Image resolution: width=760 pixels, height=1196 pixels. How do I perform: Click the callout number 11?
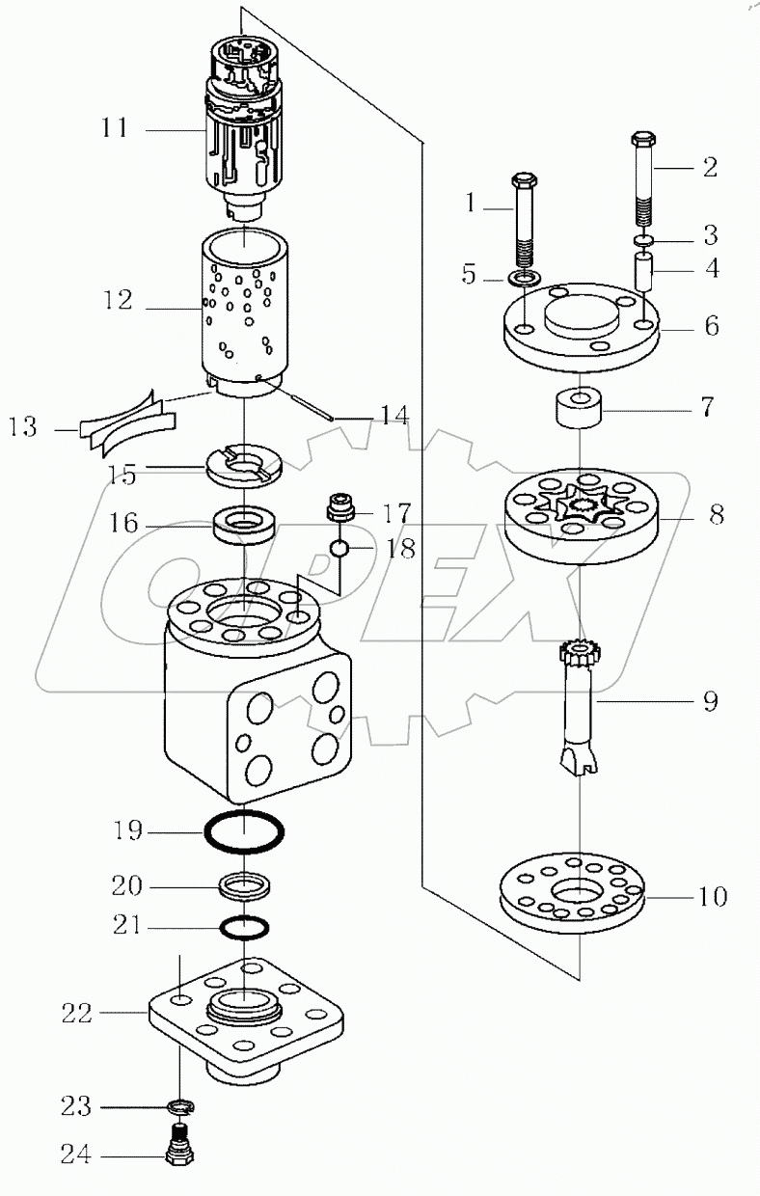tap(115, 128)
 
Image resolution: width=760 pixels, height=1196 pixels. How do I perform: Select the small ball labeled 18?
tap(339, 549)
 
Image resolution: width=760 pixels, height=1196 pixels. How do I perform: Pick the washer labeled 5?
tap(524, 280)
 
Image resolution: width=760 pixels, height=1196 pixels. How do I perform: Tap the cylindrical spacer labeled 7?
tap(579, 406)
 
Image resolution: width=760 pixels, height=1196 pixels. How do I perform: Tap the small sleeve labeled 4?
tap(644, 266)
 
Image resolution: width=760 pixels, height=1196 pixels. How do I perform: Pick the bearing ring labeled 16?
tap(245, 527)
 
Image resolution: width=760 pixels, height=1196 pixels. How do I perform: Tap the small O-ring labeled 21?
tap(245, 927)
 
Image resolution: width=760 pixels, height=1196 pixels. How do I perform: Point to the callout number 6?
tap(712, 327)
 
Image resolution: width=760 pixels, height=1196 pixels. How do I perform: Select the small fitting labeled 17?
tap(339, 506)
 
